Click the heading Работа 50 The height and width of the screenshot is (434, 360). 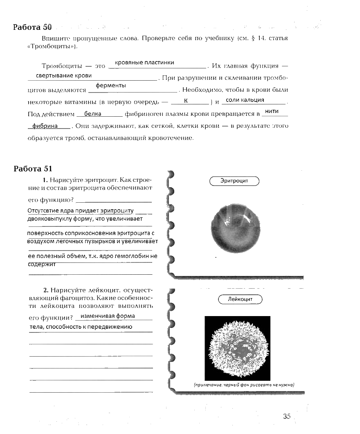coord(33,27)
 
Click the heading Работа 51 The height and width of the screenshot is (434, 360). coord(33,169)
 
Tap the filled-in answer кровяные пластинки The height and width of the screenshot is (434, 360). coord(144,63)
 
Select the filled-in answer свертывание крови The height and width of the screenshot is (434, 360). coord(63,76)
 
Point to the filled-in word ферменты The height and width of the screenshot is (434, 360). coord(110,86)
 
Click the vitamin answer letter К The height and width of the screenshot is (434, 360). coord(186,100)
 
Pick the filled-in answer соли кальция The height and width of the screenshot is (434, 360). coord(245,100)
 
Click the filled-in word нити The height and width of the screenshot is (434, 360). coord(272,111)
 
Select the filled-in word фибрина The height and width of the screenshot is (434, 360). coord(45,126)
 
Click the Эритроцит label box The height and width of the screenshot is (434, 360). coord(234,181)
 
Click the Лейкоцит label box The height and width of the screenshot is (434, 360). coord(240,299)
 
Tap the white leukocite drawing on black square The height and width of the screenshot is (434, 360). coord(238,347)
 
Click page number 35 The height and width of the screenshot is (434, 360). coord(286,416)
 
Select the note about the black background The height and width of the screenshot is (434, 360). coord(244,385)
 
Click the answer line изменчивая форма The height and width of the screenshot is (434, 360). coord(108,316)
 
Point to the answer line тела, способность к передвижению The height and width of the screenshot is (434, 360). coord(81,327)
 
